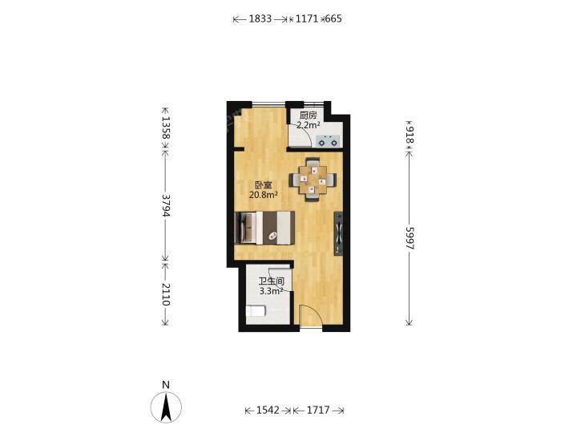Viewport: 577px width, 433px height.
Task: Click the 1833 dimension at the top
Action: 260,18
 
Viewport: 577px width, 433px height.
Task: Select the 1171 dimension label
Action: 306,18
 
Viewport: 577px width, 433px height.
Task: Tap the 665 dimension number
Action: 333,18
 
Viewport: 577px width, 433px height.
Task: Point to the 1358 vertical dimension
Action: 166,127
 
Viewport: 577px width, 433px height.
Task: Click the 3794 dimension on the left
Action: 166,205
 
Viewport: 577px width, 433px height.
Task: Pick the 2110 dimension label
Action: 166,294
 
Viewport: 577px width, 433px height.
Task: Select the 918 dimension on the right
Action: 410,135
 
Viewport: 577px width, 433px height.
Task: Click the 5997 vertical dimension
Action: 410,238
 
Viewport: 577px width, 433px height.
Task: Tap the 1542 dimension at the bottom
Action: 268,410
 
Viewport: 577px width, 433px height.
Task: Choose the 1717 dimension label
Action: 318,410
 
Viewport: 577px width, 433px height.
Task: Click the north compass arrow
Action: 166,407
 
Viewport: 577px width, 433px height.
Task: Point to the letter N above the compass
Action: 166,385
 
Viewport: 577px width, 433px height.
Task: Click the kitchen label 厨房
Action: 308,115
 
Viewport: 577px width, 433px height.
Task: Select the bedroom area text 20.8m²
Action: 263,195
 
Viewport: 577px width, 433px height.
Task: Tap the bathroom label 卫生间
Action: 271,281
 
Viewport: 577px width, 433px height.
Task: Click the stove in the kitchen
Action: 328,140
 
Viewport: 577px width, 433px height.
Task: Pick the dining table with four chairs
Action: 313,180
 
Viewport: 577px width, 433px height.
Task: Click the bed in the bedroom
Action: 264,228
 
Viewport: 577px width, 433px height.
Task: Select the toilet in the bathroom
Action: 256,311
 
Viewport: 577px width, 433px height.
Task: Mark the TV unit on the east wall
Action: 338,233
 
